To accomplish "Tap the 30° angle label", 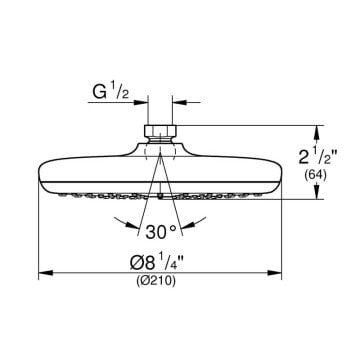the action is tap(161, 231).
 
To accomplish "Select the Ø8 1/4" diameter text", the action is tap(156, 262).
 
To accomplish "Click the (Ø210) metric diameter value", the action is tap(156, 282).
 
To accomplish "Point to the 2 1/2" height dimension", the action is tap(319, 156).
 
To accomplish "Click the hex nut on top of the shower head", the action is tap(160, 131).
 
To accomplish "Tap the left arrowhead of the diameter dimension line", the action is tap(46, 273).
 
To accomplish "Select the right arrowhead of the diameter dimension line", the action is tap(275, 273).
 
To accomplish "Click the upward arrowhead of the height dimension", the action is tap(316, 132).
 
